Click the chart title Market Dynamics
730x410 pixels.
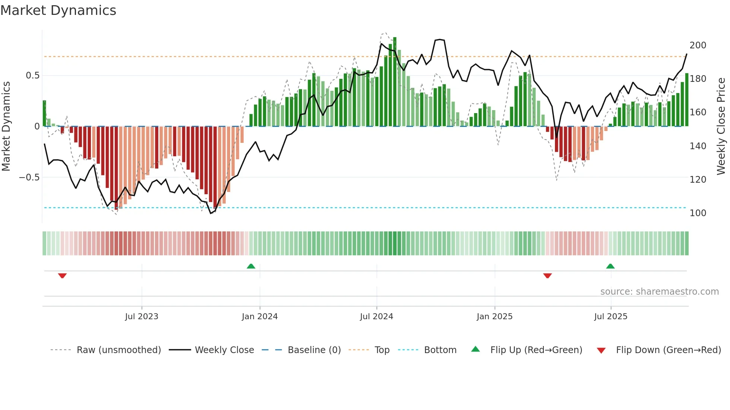pyautogui.click(x=58, y=10)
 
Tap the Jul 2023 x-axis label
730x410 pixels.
pyautogui.click(x=142, y=317)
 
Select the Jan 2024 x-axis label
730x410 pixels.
pyautogui.click(x=260, y=317)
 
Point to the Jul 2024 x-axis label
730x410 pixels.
pyautogui.click(x=377, y=317)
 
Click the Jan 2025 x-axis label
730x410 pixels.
pyautogui.click(x=495, y=317)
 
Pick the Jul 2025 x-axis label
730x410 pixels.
pyautogui.click(x=611, y=317)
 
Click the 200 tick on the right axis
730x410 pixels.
pyautogui.click(x=698, y=45)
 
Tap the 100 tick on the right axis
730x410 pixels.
pyautogui.click(x=698, y=213)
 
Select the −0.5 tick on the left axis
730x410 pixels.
pyautogui.click(x=29, y=177)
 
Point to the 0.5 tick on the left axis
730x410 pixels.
pyautogui.click(x=32, y=76)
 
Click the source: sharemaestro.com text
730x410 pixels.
pyautogui.click(x=659, y=292)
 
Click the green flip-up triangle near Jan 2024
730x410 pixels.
pyautogui.click(x=251, y=266)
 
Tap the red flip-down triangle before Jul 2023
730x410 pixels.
pyautogui.click(x=62, y=276)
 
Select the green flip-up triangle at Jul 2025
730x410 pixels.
pyautogui.click(x=610, y=266)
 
